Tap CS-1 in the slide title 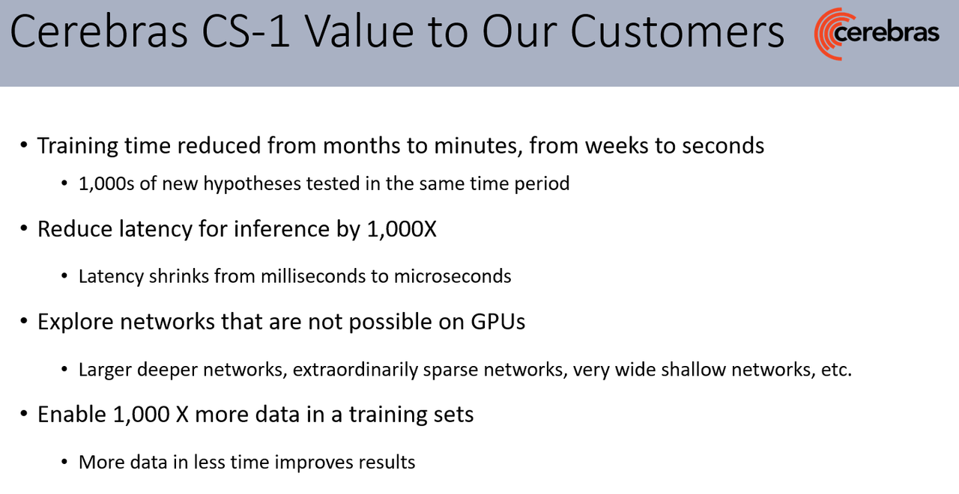click(x=246, y=31)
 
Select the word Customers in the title click(x=677, y=31)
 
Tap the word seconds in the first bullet click(x=723, y=146)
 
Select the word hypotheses click(x=251, y=184)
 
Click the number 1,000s click(x=106, y=184)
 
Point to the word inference click(x=281, y=229)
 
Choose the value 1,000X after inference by click(x=402, y=229)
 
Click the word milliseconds click(x=313, y=276)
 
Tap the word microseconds click(x=453, y=276)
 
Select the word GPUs click(x=498, y=322)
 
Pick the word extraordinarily click(x=355, y=370)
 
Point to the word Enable click(x=72, y=414)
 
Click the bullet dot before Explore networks click(x=24, y=321)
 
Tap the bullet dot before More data click(x=64, y=462)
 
